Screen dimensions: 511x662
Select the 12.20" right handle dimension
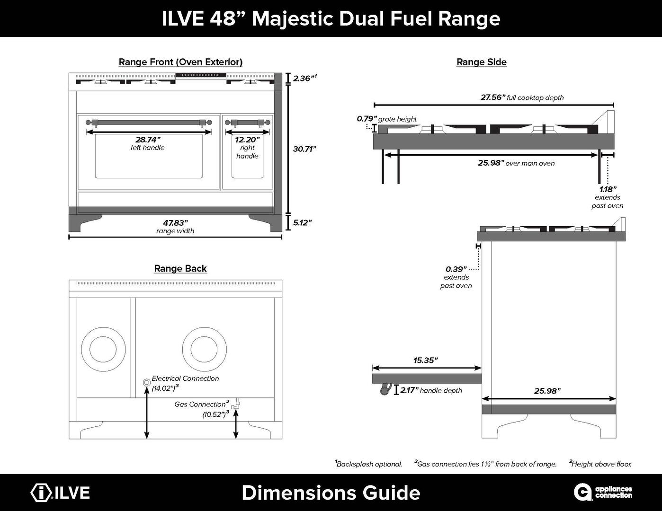247,140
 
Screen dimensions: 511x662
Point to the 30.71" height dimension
304,149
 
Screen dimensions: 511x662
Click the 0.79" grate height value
367,119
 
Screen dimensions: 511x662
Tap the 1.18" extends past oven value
608,189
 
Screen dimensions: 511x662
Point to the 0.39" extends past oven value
456,269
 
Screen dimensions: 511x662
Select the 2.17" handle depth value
409,390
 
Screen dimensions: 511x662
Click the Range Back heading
180,269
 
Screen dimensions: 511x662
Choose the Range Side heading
481,62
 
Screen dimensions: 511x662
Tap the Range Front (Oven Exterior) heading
180,62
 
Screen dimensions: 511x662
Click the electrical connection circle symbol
147,382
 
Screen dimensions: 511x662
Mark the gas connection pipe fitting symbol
236,405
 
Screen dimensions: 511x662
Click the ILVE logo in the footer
60,493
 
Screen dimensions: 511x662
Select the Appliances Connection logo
603,492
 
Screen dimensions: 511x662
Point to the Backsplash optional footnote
368,464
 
